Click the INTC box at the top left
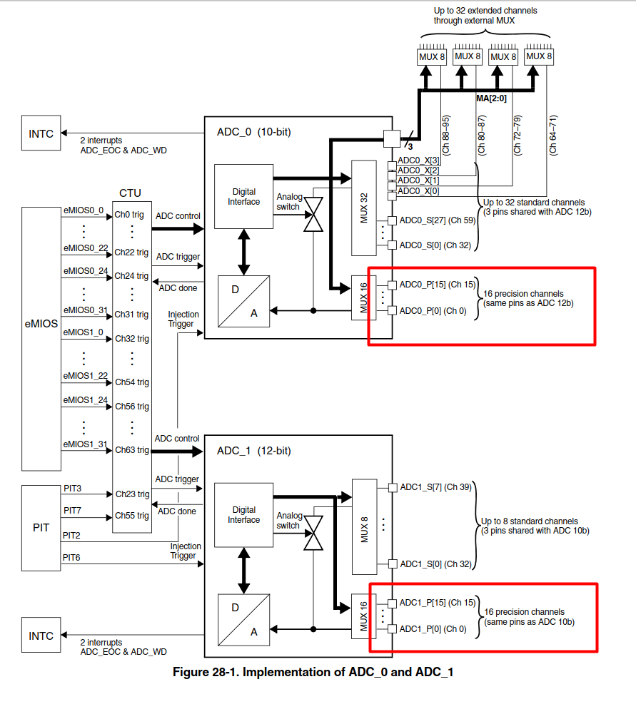[x=41, y=134]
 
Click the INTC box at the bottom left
[x=41, y=636]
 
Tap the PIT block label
[x=41, y=529]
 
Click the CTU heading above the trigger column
[x=131, y=193]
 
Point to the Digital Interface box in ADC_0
[x=243, y=197]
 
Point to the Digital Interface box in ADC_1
[x=243, y=515]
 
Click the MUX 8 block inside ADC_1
[x=364, y=526]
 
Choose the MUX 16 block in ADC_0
[x=364, y=297]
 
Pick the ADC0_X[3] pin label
[x=418, y=160]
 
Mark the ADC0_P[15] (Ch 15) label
[x=437, y=285]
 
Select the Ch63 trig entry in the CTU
[x=132, y=450]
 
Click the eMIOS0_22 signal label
[x=85, y=248]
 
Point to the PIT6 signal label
[x=72, y=559]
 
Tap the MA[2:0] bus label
[x=491, y=98]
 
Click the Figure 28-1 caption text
[x=313, y=672]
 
